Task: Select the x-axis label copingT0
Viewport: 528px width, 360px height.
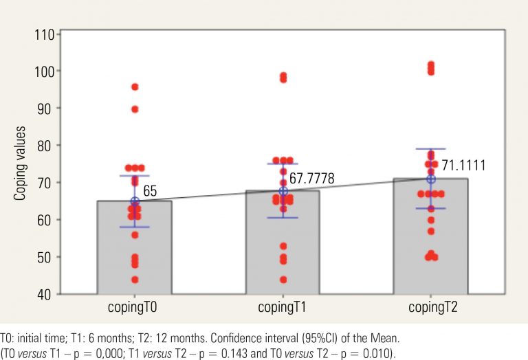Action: point(135,307)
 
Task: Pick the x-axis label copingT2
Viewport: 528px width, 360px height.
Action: point(431,307)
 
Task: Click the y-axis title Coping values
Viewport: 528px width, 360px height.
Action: point(20,163)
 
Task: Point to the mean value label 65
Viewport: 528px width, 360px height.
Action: point(150,193)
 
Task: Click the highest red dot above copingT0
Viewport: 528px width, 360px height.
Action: point(135,87)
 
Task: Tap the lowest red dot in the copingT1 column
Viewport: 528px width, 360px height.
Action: point(283,280)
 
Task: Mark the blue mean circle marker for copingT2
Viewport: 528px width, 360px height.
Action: point(431,179)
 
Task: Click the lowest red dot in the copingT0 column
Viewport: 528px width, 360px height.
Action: point(135,280)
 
